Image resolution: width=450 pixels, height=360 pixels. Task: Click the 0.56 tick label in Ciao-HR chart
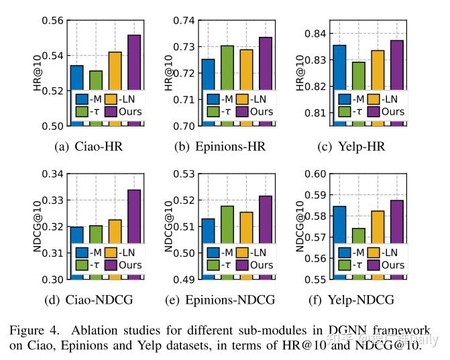[53, 20]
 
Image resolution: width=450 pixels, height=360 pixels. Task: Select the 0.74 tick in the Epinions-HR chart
[184, 20]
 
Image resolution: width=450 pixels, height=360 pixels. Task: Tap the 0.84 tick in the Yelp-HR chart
[315, 34]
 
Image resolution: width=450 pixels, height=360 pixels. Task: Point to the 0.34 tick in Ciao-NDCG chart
[53, 174]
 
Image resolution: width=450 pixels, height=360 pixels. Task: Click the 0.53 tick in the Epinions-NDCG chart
[184, 174]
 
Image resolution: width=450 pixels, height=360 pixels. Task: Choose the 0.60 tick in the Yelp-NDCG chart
[315, 174]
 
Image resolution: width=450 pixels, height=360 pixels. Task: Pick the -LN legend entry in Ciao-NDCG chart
[123, 253]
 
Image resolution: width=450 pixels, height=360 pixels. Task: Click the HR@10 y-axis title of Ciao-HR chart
[38, 72]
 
